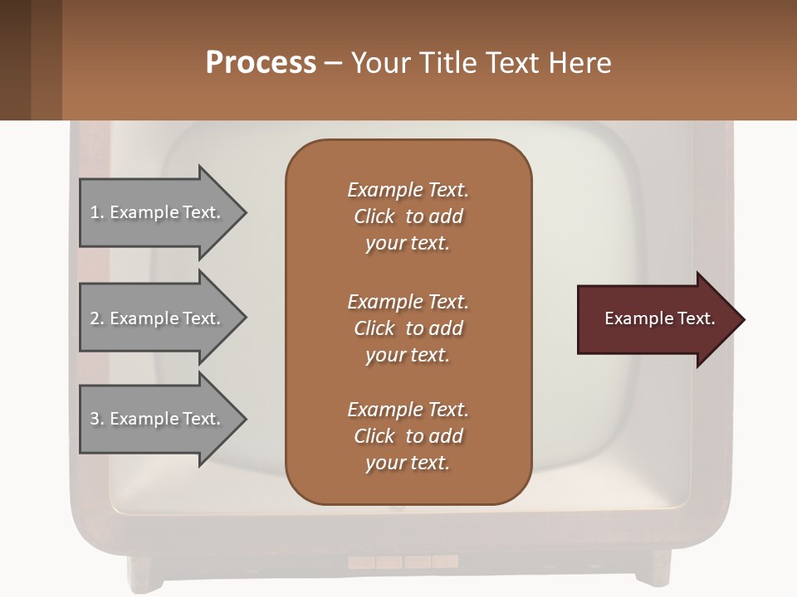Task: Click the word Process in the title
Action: click(x=261, y=63)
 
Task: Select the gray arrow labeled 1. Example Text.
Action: click(x=158, y=212)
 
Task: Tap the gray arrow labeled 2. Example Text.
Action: click(x=158, y=318)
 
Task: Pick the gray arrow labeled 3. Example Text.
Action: click(x=158, y=419)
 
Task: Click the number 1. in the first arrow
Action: click(x=97, y=213)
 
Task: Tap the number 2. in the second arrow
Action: click(x=97, y=319)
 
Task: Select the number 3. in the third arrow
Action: click(x=97, y=420)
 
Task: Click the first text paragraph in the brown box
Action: click(x=408, y=216)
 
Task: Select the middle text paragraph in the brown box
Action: click(x=408, y=328)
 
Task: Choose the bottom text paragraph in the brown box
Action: click(x=408, y=436)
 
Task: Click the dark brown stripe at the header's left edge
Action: click(x=15, y=60)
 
